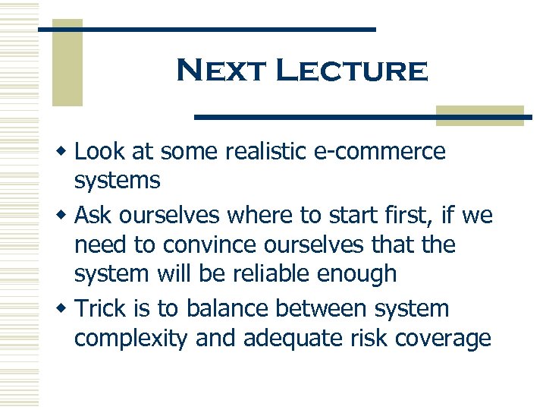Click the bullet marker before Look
point(66,153)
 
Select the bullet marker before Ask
point(66,216)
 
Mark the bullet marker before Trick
point(66,310)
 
